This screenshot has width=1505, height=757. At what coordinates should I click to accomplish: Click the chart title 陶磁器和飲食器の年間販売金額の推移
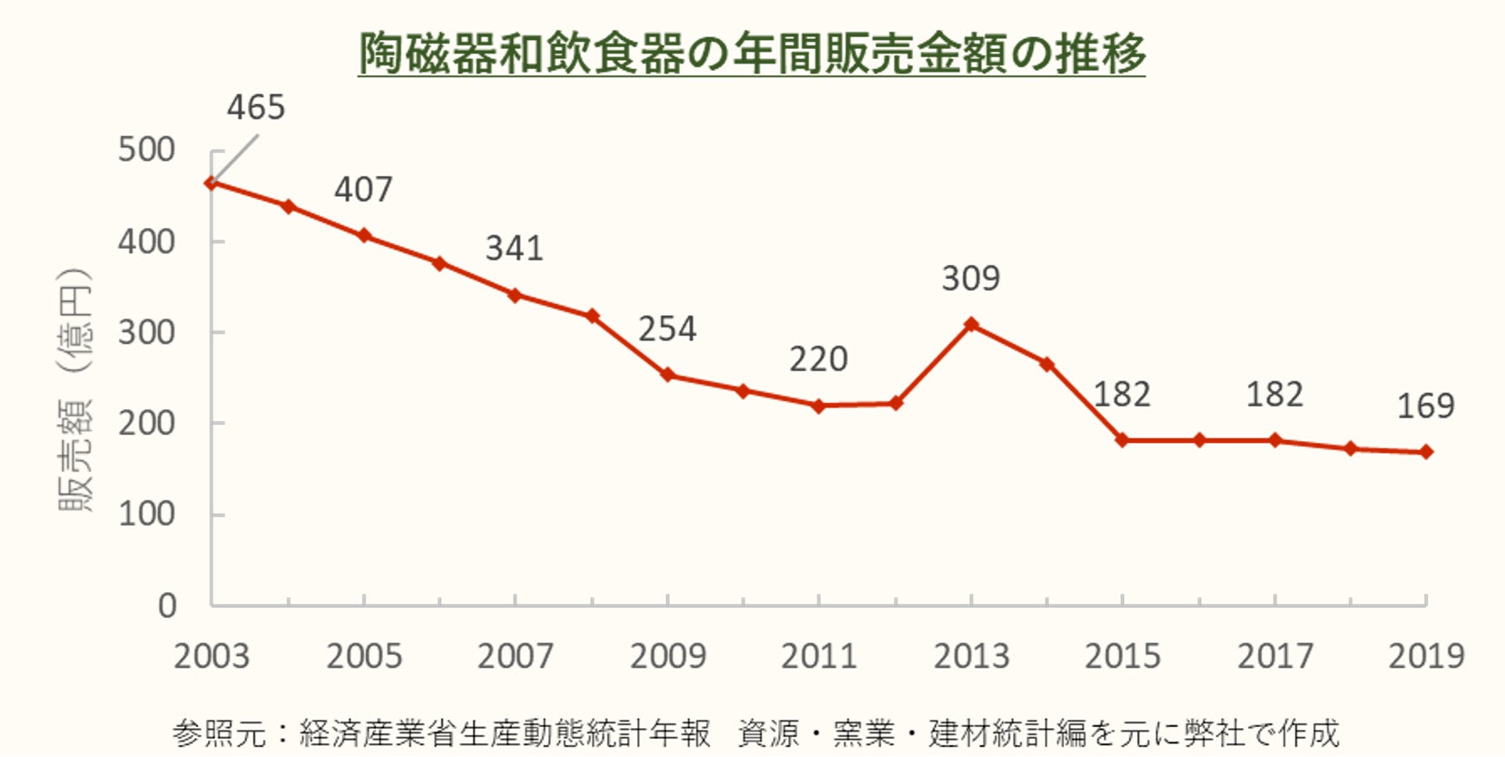click(752, 53)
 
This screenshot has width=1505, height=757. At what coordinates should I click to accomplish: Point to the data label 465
click(256, 108)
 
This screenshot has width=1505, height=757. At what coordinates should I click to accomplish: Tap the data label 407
click(363, 190)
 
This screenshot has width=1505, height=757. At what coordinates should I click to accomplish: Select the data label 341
click(514, 249)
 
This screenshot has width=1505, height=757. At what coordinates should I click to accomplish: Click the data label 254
click(667, 329)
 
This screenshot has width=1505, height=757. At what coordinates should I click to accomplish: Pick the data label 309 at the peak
click(970, 279)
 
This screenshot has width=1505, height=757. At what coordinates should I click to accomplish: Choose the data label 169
click(1425, 406)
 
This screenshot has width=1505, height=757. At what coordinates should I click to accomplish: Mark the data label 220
click(818, 359)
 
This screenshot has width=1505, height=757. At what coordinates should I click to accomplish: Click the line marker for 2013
click(971, 324)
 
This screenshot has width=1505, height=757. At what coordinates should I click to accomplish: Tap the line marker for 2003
click(211, 182)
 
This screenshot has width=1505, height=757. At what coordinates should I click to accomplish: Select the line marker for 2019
click(1426, 452)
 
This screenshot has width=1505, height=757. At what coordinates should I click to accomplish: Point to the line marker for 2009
click(667, 375)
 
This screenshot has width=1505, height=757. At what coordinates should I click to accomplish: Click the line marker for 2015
click(1123, 440)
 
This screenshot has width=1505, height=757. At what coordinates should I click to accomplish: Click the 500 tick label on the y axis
click(146, 150)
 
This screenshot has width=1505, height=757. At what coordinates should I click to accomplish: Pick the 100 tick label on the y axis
click(146, 515)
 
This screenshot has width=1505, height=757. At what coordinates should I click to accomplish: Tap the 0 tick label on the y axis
click(167, 605)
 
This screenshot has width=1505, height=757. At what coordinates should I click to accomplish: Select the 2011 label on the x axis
click(819, 655)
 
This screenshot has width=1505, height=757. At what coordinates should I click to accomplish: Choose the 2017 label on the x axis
click(1274, 655)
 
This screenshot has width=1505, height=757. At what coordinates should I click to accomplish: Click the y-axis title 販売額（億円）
click(76, 390)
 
